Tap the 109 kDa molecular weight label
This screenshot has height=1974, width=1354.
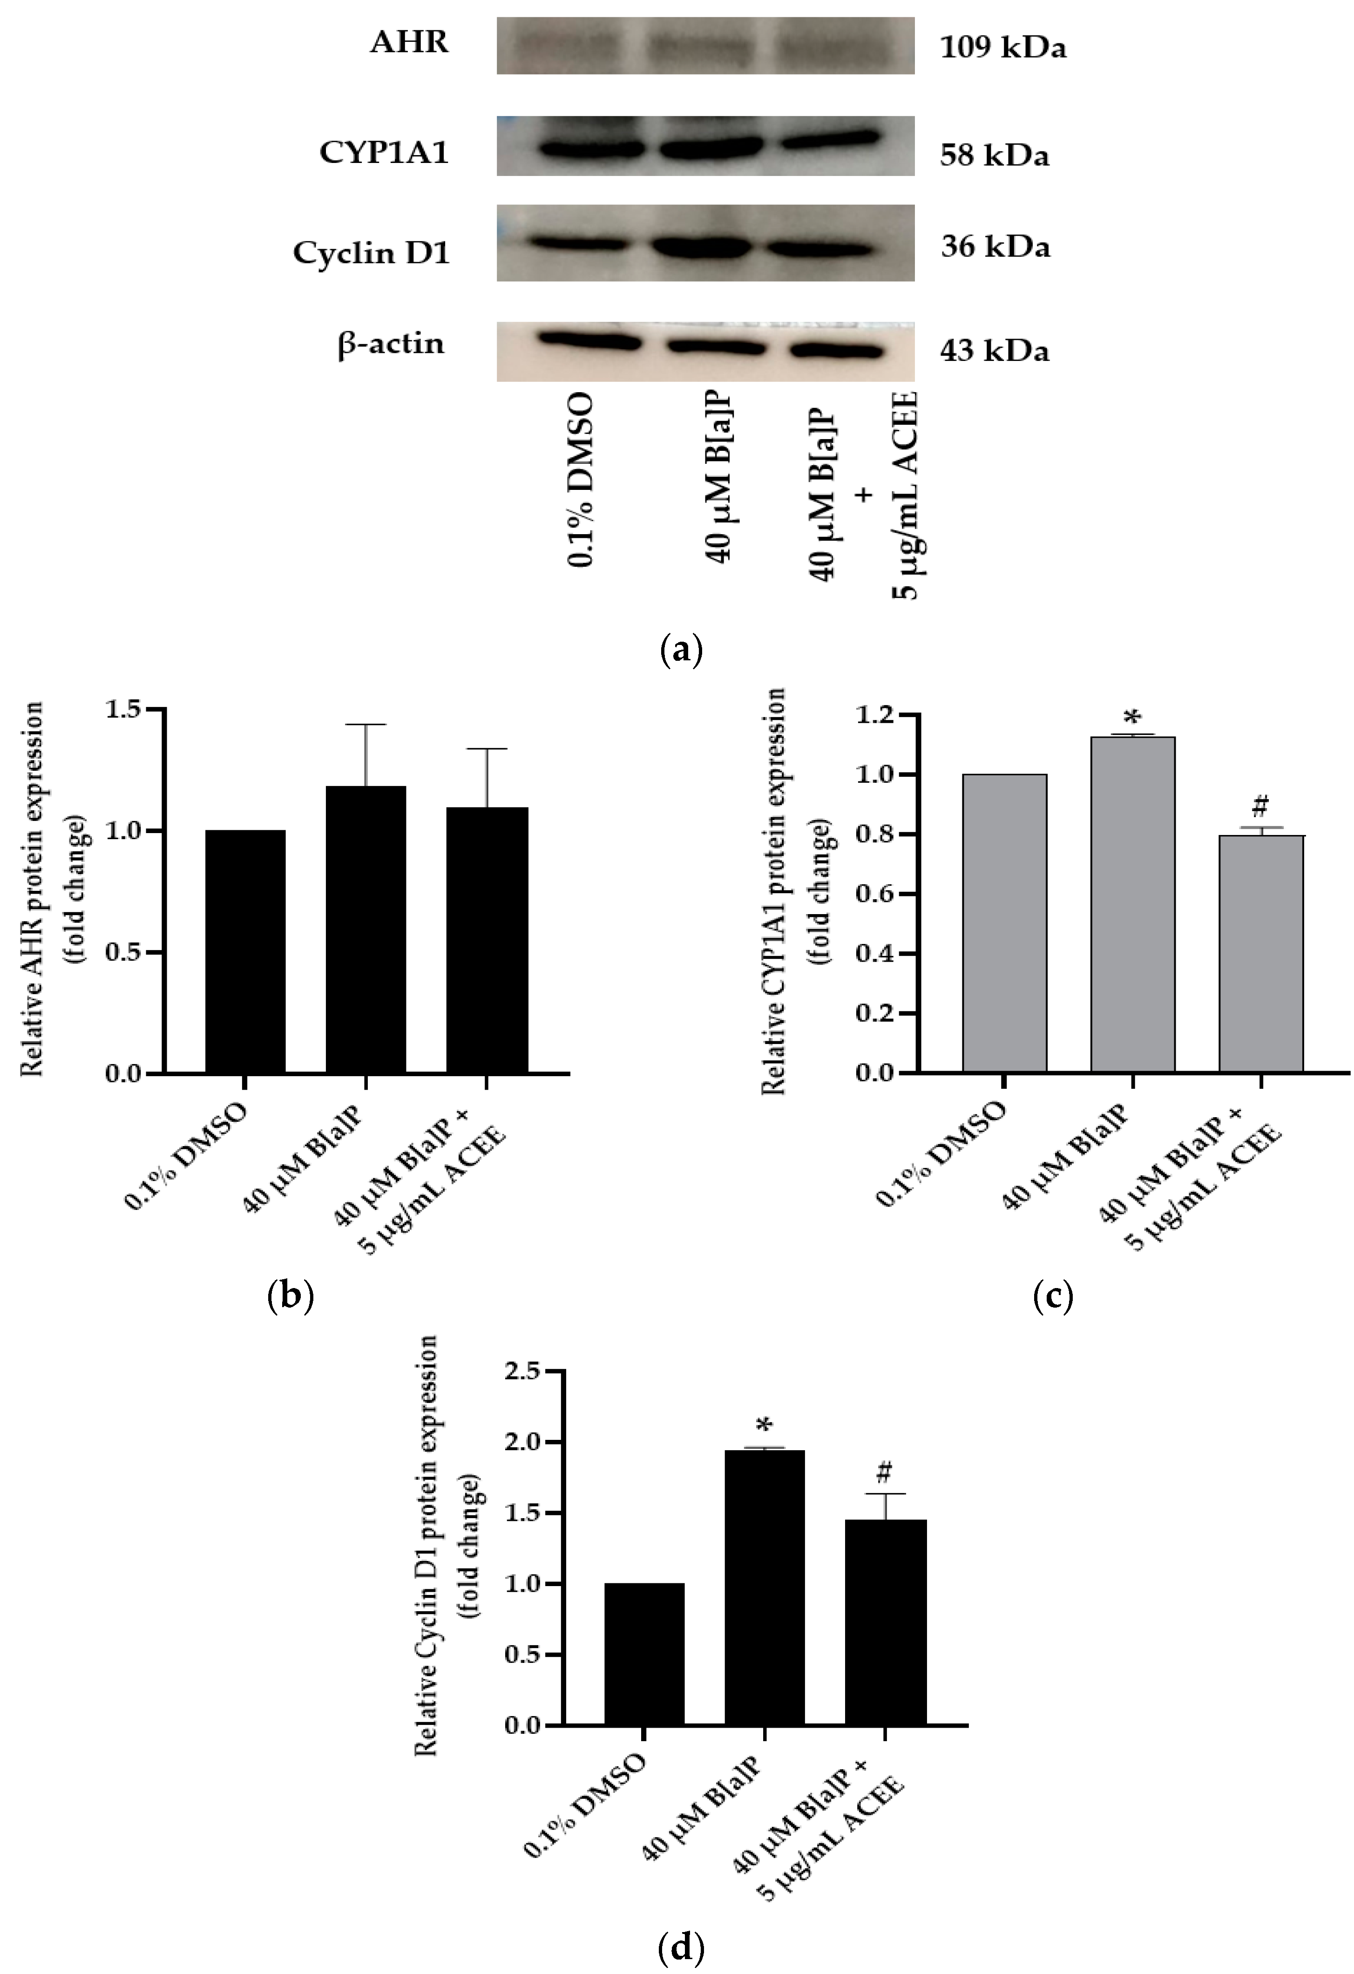[x=1002, y=47]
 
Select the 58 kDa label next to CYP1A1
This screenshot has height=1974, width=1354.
[x=994, y=156]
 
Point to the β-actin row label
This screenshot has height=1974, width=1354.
[x=391, y=344]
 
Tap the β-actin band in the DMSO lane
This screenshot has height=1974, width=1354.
[x=588, y=340]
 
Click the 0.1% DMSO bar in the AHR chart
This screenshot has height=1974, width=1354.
[x=245, y=951]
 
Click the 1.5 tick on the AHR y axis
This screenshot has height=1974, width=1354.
[x=125, y=709]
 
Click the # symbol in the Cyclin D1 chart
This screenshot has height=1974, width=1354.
[x=885, y=1470]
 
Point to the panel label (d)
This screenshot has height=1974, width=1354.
[x=681, y=1945]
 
